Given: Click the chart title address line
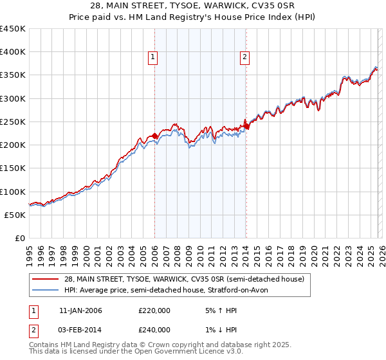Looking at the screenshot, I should [x=192, y=6].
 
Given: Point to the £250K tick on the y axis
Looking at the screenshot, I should [x=13, y=122].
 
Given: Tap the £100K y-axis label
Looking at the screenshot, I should [x=13, y=192].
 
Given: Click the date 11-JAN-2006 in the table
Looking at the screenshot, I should [x=80, y=310].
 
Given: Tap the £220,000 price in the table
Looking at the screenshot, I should [x=154, y=310].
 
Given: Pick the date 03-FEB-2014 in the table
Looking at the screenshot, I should [x=80, y=330].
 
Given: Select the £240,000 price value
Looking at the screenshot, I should [x=154, y=330].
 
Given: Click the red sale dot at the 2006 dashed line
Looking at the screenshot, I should [x=154, y=136].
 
